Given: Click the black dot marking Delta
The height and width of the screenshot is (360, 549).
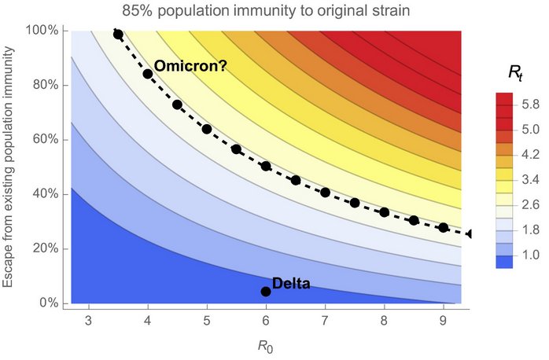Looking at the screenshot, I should tap(266, 292).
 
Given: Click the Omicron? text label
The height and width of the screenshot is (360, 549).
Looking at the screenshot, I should tap(190, 67).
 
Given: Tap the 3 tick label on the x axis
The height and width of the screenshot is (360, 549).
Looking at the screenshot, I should tap(89, 321).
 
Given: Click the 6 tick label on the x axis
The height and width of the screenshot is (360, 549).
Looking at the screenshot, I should tap(266, 321).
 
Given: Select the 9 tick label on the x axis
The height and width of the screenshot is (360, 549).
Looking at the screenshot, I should tap(444, 321).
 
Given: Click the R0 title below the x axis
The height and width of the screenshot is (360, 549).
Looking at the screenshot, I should tap(266, 344).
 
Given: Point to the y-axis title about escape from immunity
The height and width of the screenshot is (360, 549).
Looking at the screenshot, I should tap(10, 167).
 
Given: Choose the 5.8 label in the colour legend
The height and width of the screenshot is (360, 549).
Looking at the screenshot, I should tap(529, 103).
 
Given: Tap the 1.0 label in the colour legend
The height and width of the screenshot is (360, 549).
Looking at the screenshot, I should tap(529, 255).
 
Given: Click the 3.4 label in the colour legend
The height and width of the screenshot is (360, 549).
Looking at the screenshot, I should tap(529, 179).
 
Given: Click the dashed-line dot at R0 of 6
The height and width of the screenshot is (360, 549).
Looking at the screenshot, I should tap(266, 166).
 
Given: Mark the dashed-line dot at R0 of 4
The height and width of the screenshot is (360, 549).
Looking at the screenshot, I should tap(148, 74).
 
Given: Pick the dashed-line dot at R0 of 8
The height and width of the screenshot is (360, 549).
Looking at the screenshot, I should tap(385, 212).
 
